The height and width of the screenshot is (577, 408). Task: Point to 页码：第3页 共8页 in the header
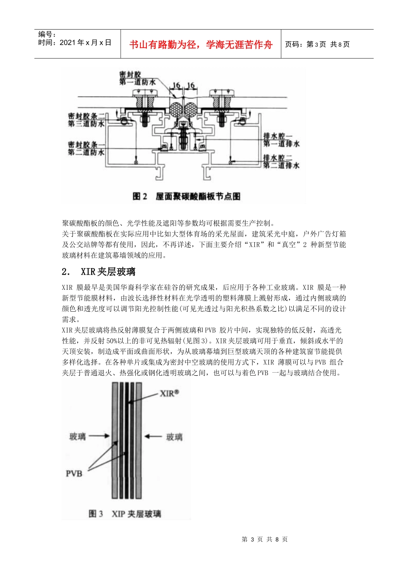coord(317,44)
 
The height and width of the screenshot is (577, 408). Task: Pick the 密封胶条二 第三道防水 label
coord(86,120)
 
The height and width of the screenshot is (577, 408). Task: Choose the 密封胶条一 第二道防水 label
coord(86,148)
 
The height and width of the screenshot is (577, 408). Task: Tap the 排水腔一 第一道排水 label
coord(281,140)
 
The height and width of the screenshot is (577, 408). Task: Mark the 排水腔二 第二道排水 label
coord(281,161)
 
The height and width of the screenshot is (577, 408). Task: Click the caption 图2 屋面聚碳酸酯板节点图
coord(186,196)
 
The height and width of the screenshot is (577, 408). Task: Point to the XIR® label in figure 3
coord(169,393)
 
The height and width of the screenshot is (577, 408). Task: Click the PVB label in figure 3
coord(74,474)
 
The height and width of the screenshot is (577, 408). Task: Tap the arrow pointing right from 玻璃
coord(100,436)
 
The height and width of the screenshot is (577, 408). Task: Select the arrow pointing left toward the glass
coord(152,436)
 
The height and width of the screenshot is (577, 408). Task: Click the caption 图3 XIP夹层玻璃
coord(125,513)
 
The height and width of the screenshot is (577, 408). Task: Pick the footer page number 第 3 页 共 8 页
coord(265,539)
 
